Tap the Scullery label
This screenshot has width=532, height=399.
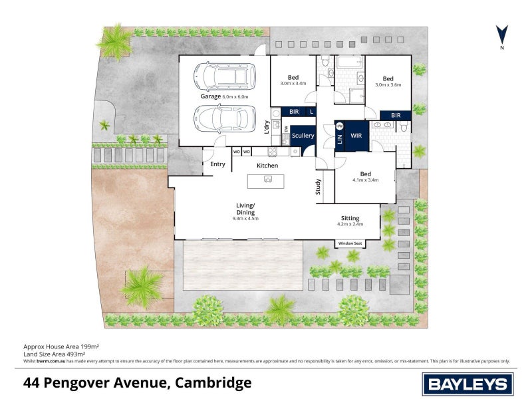pyautogui.click(x=303, y=136)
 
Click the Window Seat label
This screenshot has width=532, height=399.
pyautogui.click(x=350, y=243)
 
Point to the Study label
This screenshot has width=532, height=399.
pyautogui.click(x=319, y=186)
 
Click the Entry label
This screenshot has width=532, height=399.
pyautogui.click(x=217, y=164)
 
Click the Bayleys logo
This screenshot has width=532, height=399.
pyautogui.click(x=466, y=384)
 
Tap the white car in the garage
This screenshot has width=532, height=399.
pyautogui.click(x=225, y=119)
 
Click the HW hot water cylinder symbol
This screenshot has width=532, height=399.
pyautogui.click(x=339, y=126)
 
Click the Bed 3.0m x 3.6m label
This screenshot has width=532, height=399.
pyautogui.click(x=388, y=80)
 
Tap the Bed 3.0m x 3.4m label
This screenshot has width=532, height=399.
pyautogui.click(x=293, y=80)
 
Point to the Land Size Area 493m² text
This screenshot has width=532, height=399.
pyautogui.click(x=61, y=354)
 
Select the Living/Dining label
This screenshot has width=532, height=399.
pyautogui.click(x=245, y=209)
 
